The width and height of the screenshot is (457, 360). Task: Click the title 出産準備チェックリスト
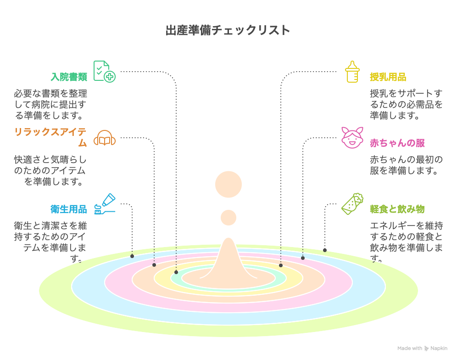point(228,30)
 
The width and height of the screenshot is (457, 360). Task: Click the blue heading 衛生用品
point(68,209)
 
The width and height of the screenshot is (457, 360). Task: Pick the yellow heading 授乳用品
point(388,77)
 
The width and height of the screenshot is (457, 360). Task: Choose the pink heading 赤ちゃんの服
point(397,143)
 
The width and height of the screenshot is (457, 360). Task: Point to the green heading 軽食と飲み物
point(397,209)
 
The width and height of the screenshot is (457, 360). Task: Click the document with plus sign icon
point(104,71)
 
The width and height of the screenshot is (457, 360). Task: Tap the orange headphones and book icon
point(105,137)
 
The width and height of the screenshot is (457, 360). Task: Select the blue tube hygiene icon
point(105,204)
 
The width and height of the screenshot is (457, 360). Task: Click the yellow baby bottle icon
point(352,72)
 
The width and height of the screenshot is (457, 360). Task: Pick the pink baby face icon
point(352,137)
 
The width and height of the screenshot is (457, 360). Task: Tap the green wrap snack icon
point(352,204)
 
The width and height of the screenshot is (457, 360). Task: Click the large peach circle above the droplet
point(228,184)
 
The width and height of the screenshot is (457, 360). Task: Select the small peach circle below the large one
point(228,217)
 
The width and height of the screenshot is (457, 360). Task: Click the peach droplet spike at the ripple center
point(228,262)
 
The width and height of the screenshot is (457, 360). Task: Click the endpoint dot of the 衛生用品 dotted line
point(132,256)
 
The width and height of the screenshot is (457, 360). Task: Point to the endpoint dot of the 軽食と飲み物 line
point(325,250)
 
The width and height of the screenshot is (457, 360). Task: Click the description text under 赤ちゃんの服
point(406,165)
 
